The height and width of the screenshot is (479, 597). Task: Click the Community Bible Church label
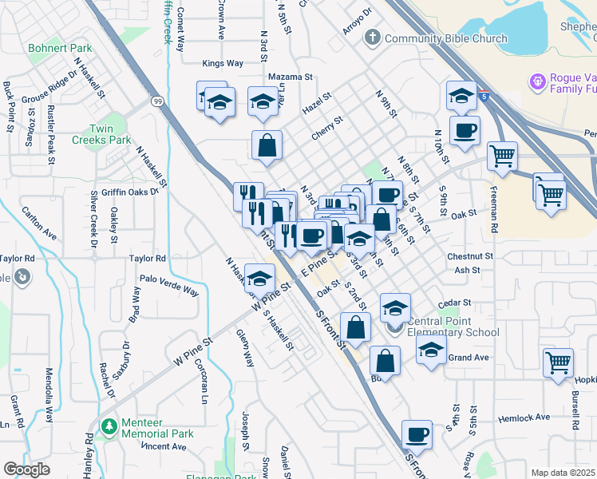tap(445, 38)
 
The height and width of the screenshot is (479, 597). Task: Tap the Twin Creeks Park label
tap(110, 134)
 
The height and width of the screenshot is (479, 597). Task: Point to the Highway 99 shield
tap(158, 101)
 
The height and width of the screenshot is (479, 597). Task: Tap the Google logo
tap(26, 469)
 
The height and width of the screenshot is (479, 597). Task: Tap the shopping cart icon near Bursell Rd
tap(558, 362)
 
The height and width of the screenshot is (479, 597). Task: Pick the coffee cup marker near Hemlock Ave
tap(417, 435)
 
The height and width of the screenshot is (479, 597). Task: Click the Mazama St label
tap(291, 77)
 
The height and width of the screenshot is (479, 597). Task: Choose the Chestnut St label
tap(471, 257)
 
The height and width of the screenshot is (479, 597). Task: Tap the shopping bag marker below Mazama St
tap(267, 145)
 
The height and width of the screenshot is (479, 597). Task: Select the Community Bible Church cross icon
tap(372, 38)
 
